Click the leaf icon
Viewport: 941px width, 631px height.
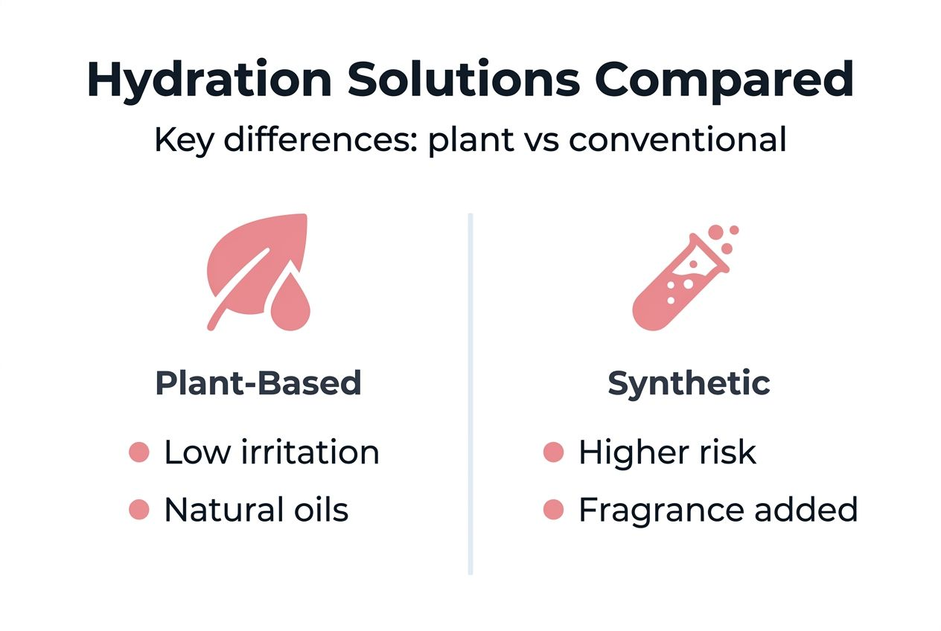coord(249,264)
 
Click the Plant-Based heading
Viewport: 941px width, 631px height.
coord(258,383)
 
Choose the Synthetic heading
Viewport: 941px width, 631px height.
coord(689,383)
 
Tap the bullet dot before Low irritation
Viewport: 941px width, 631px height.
coord(139,452)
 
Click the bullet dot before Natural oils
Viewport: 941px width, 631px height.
coord(139,510)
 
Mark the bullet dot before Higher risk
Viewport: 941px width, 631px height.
coord(553,452)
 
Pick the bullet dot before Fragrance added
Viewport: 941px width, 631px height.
coord(553,510)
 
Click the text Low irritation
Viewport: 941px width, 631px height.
coord(271,452)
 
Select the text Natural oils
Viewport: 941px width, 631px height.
coord(256,510)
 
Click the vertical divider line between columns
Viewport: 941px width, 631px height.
coord(470,394)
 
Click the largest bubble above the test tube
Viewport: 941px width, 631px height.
coord(716,232)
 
